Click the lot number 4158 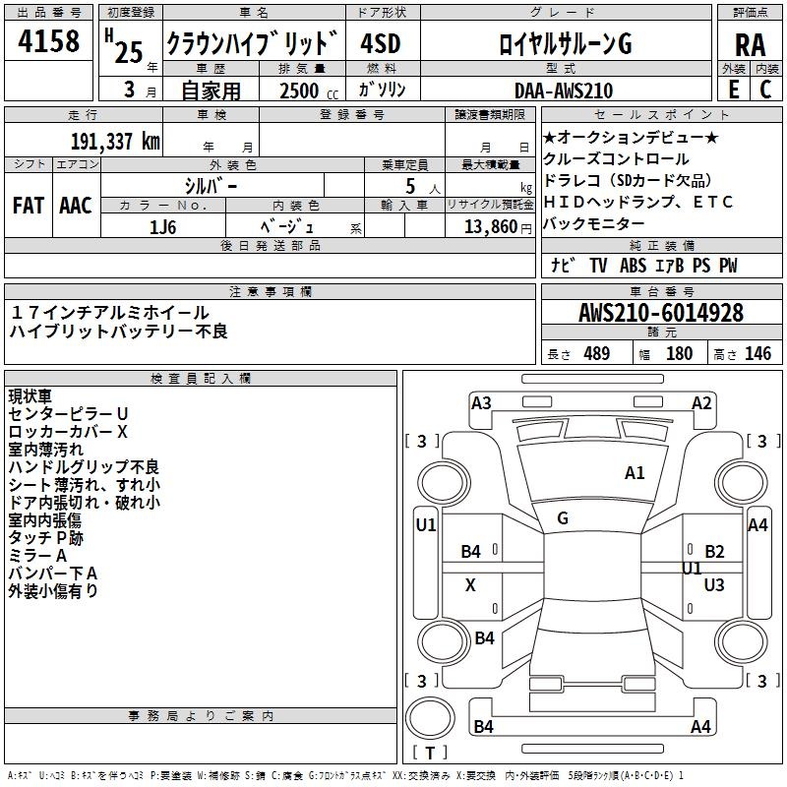(50, 43)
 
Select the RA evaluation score (750, 45)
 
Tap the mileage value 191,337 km (115, 142)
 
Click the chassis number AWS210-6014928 (661, 313)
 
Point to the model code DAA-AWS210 (564, 91)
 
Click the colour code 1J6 (163, 226)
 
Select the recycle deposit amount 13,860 (488, 226)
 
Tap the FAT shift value (29, 206)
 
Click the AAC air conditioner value (76, 206)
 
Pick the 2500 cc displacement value (301, 91)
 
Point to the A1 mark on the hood (635, 473)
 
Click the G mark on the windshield (563, 518)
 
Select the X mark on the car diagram (470, 585)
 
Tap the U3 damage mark (714, 585)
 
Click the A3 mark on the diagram (481, 402)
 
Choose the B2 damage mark (714, 552)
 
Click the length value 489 (596, 354)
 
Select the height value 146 (757, 354)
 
